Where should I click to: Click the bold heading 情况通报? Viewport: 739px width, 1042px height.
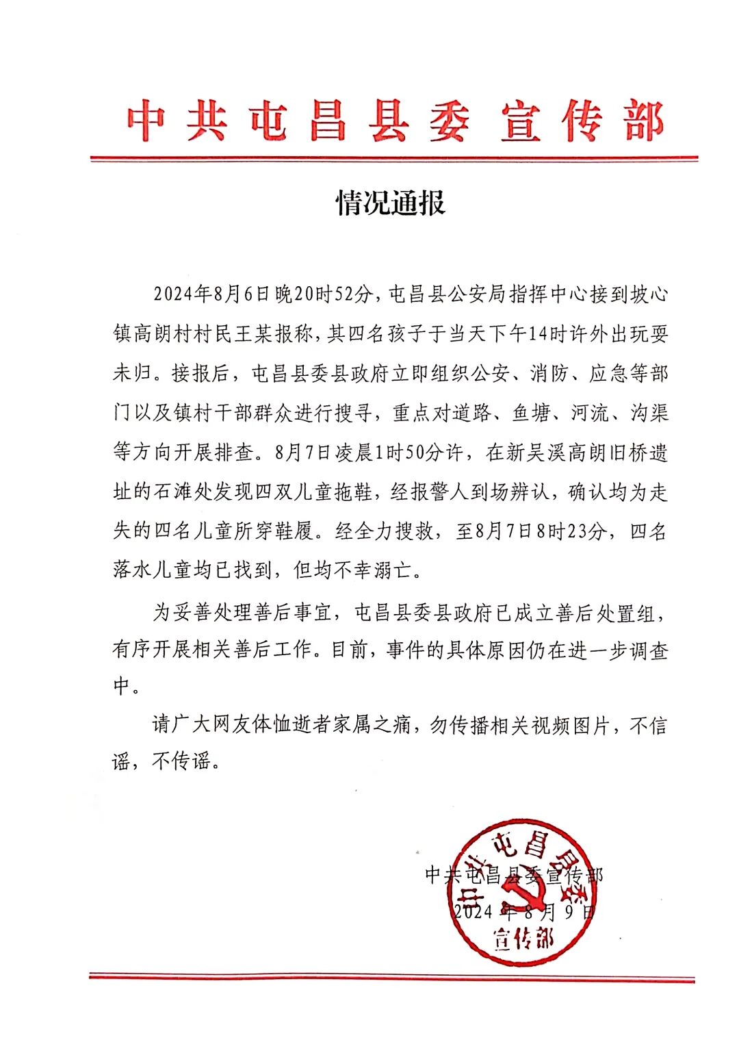(391, 203)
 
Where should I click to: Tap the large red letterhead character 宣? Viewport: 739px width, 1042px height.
(521, 123)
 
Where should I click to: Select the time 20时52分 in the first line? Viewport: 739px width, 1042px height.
(324, 294)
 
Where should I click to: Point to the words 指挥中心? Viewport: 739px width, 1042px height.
(536, 294)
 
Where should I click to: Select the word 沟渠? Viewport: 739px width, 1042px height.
(649, 414)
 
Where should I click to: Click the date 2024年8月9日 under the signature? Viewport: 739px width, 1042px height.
(523, 912)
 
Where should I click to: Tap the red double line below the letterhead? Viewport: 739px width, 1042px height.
(393, 160)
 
